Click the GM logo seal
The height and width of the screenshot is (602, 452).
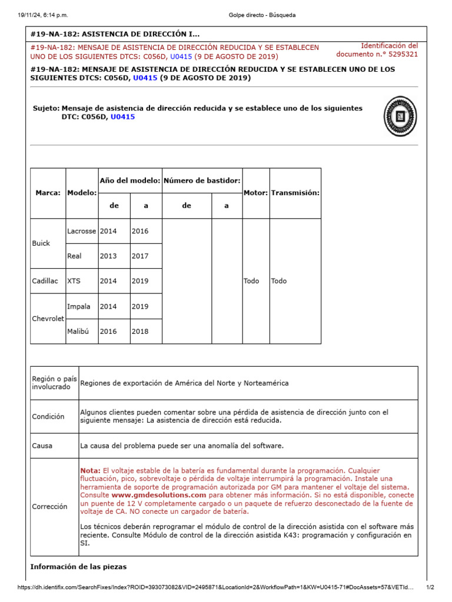tap(400, 116)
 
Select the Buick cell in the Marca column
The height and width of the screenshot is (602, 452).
tap(41, 243)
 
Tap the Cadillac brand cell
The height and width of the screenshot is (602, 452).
tap(45, 281)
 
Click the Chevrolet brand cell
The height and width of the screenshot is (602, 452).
tap(48, 319)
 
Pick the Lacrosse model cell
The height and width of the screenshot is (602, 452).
tap(81, 231)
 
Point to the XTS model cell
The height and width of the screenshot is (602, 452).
tap(74, 281)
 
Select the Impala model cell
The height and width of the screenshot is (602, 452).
tap(79, 306)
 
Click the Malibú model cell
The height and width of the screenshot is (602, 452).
tap(79, 331)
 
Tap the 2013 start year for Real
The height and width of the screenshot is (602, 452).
tap(108, 256)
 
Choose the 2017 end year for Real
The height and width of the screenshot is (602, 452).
tap(140, 256)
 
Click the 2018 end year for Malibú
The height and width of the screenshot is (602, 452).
tap(140, 331)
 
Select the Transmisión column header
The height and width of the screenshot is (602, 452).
tap(295, 193)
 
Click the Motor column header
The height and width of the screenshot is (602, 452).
tap(255, 193)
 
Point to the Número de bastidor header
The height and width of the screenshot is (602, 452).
tap(202, 180)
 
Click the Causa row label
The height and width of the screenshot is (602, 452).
tap(42, 446)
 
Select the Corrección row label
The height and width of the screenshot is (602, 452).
tap(50, 506)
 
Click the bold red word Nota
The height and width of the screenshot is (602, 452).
tap(90, 471)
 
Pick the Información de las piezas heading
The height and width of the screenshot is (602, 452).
tap(78, 567)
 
